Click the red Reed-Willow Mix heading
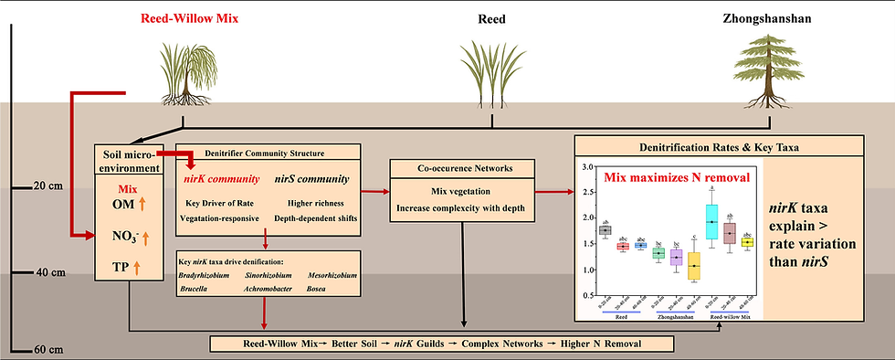pyautogui.click(x=188, y=17)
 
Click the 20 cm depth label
pyautogui.click(x=45, y=185)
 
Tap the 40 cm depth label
pyautogui.click(x=45, y=271)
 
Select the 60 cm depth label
pyautogui.click(x=45, y=348)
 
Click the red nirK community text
pyautogui.click(x=225, y=179)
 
